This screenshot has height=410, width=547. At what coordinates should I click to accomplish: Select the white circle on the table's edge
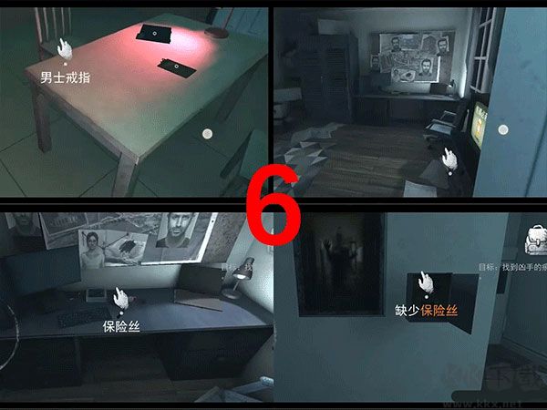[x=208, y=134]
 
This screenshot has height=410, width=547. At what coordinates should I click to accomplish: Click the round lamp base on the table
[x=217, y=32]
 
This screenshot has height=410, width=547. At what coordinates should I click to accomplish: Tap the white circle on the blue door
[x=501, y=130]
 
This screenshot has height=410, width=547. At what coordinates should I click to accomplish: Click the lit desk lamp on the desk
[x=239, y=273]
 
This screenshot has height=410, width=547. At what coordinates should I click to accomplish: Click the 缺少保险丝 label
[x=426, y=310]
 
